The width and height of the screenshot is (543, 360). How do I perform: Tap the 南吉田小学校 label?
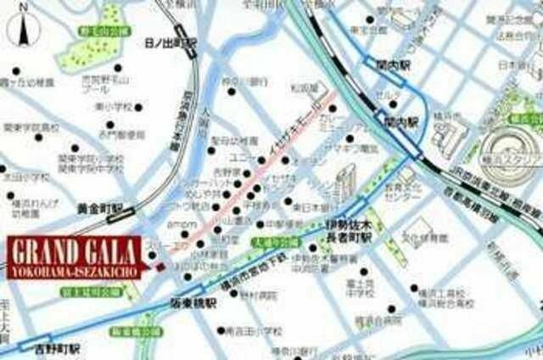(x=259, y=330)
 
